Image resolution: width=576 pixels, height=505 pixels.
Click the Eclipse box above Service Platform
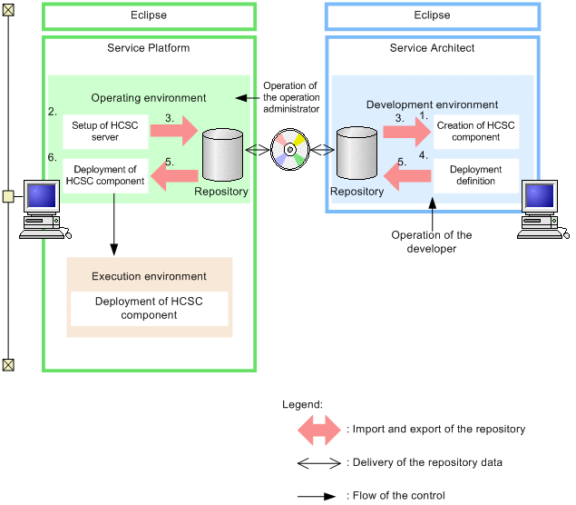(x=149, y=15)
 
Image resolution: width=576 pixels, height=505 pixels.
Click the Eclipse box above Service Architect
(x=432, y=15)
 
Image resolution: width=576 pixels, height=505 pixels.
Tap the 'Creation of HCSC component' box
(x=475, y=132)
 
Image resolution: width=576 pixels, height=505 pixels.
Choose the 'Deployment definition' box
(x=475, y=175)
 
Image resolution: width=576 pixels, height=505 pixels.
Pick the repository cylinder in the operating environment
(x=221, y=153)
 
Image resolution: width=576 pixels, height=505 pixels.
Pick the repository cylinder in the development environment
(x=356, y=153)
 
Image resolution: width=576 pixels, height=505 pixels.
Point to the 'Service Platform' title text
(x=149, y=48)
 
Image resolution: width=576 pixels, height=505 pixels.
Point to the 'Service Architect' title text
(x=432, y=48)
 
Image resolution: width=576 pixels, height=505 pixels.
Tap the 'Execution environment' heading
(x=149, y=276)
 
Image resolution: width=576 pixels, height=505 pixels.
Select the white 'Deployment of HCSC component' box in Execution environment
(x=149, y=309)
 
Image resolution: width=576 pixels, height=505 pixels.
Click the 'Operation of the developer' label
(x=432, y=242)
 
